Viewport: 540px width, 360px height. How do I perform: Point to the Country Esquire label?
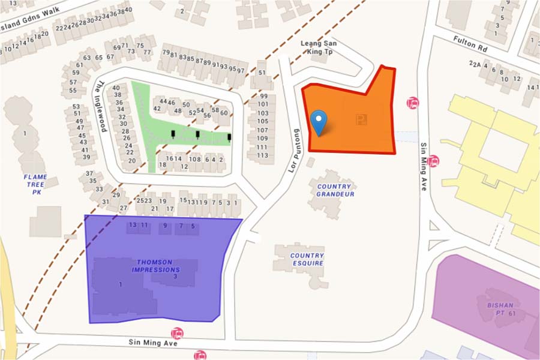coord(307,259)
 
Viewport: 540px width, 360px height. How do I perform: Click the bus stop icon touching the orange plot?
coord(412,103)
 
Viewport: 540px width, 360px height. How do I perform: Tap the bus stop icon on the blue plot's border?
coord(177,333)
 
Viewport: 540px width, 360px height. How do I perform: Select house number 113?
coord(262,155)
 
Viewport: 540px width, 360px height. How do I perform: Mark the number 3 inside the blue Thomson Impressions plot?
coord(175,277)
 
